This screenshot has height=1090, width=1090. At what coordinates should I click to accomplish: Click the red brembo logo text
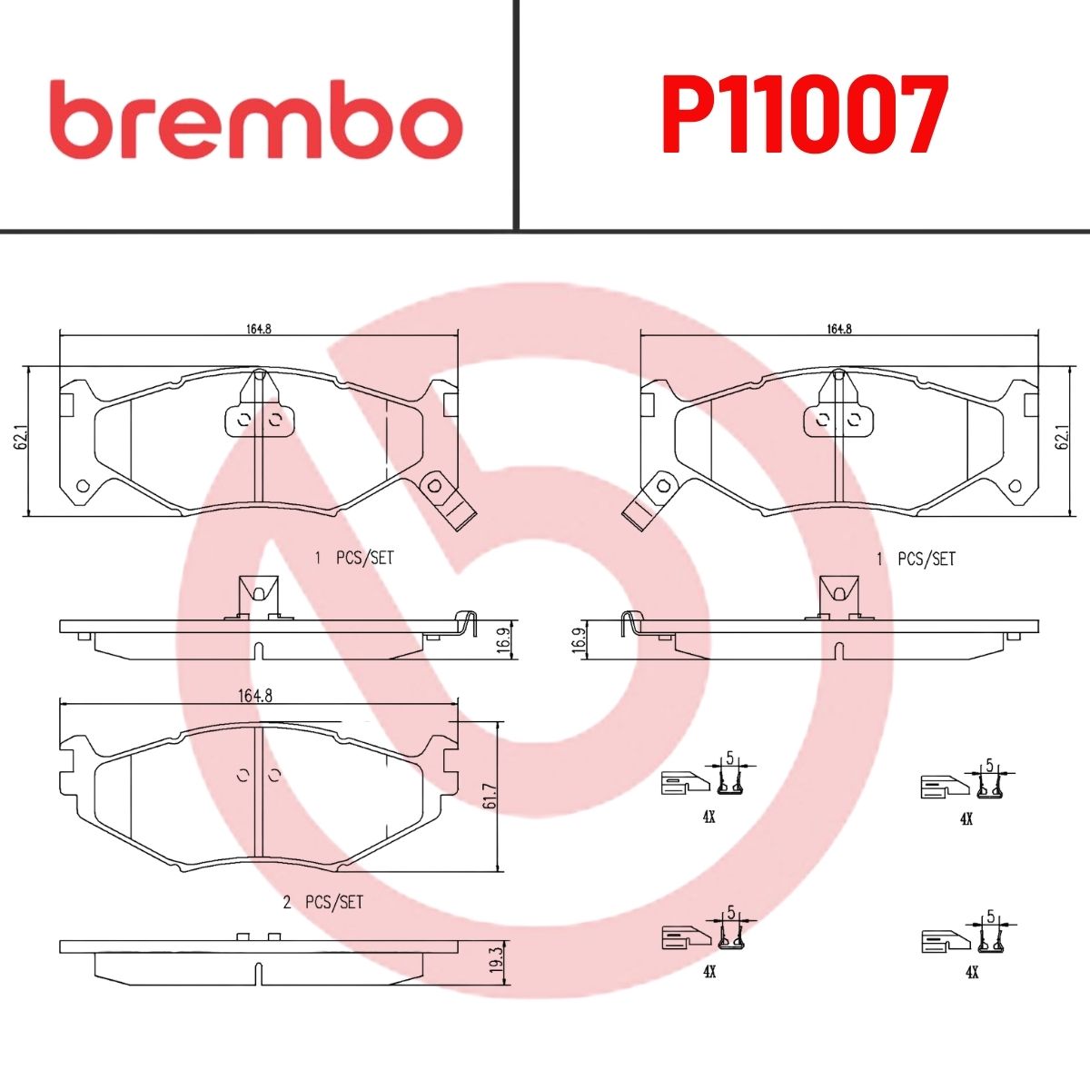(x=261, y=121)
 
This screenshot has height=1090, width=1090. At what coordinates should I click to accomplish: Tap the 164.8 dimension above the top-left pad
(x=259, y=329)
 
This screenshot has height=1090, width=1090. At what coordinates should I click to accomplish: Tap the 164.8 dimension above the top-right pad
(x=839, y=329)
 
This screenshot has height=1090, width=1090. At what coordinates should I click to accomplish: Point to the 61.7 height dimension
(x=490, y=796)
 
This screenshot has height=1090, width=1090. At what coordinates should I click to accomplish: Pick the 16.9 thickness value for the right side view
(x=578, y=639)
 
